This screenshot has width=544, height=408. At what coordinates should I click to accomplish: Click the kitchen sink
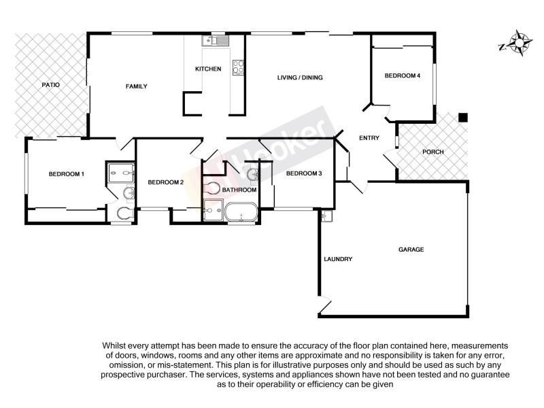[x=216, y=41]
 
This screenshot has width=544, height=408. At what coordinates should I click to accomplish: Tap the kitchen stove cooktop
[x=239, y=67]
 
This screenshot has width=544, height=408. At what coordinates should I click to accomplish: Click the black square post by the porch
[x=462, y=118]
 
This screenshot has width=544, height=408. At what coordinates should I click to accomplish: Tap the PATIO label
[x=51, y=85]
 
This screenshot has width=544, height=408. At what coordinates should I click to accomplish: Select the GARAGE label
[x=411, y=250]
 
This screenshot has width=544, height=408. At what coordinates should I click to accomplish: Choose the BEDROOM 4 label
[x=403, y=75]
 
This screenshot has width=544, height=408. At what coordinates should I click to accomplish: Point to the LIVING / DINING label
[x=300, y=78]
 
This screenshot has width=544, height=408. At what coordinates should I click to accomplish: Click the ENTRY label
[x=369, y=138]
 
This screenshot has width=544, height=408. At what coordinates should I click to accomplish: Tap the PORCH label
[x=433, y=152]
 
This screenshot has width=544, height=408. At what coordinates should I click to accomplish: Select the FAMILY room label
[x=136, y=86]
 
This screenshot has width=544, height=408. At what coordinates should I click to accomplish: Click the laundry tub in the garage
[x=326, y=216]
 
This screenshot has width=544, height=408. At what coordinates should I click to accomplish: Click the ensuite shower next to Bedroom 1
[x=121, y=173]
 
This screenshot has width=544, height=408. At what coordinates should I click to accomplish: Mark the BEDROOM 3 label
[x=304, y=173]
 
